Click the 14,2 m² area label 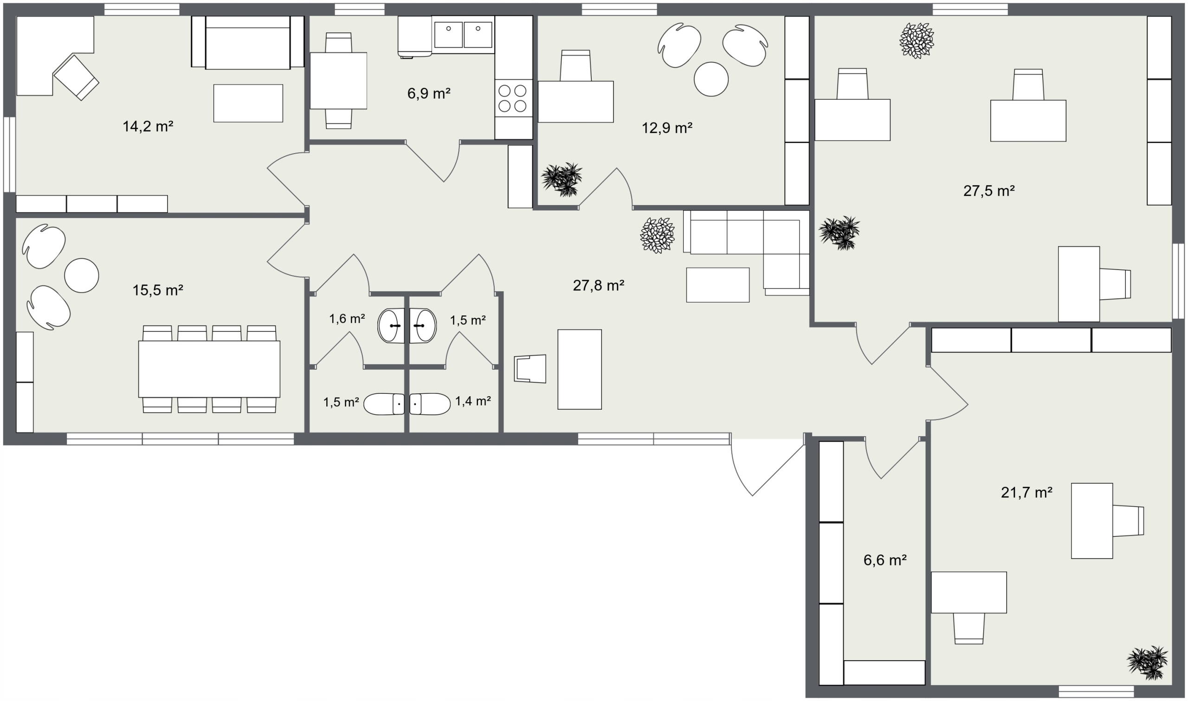coord(148,126)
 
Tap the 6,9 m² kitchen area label coord(428,93)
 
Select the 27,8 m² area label coord(599,285)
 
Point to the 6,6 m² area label coord(885,560)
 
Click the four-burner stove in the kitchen coord(513,98)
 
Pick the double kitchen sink coord(463,34)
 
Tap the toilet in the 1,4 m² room coord(430,404)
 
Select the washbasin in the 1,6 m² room coord(391,326)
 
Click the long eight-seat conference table coord(209,369)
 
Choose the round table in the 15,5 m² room coord(82,276)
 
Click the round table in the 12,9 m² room coord(711,79)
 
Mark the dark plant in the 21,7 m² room coord(1147,662)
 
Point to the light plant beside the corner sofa coord(657,235)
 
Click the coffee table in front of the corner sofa coord(717,285)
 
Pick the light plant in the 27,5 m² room coord(917,41)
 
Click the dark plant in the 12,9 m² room coord(562,180)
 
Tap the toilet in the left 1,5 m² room coord(384,404)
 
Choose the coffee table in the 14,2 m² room coord(248,103)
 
